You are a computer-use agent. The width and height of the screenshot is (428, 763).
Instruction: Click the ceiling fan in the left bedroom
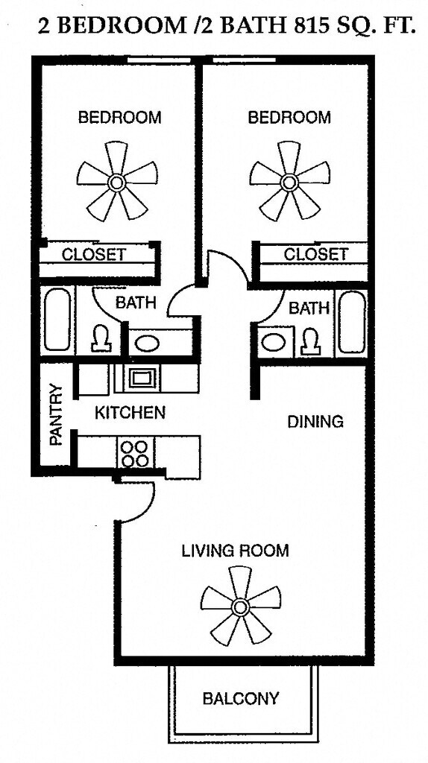click(x=117, y=183)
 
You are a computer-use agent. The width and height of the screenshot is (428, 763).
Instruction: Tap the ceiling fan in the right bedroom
click(x=289, y=183)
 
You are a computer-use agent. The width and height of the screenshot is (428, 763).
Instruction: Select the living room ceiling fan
click(x=239, y=607)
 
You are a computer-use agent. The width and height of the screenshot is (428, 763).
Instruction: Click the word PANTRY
click(x=57, y=415)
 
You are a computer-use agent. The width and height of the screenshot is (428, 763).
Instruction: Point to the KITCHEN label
click(x=130, y=413)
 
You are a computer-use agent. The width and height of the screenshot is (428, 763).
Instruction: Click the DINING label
click(x=315, y=422)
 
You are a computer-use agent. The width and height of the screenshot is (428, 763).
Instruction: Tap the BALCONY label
click(x=241, y=698)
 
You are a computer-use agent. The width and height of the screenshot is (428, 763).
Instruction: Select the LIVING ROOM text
click(x=235, y=551)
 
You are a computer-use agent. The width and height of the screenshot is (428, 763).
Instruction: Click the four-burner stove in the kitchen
click(x=134, y=454)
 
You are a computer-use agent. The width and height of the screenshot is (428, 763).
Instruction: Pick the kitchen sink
click(x=142, y=377)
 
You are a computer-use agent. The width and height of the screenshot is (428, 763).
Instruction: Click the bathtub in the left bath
click(x=57, y=320)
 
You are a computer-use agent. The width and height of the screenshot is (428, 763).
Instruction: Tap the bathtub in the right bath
click(x=351, y=321)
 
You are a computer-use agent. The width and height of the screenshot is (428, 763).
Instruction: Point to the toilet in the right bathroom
click(x=309, y=341)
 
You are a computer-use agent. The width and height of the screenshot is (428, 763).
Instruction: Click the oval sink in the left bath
click(x=147, y=343)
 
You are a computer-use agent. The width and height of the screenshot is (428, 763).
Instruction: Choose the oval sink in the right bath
click(x=274, y=342)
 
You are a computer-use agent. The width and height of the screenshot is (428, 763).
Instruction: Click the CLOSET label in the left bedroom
click(x=94, y=254)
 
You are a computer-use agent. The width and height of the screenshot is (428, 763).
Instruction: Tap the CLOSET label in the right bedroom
click(x=316, y=253)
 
